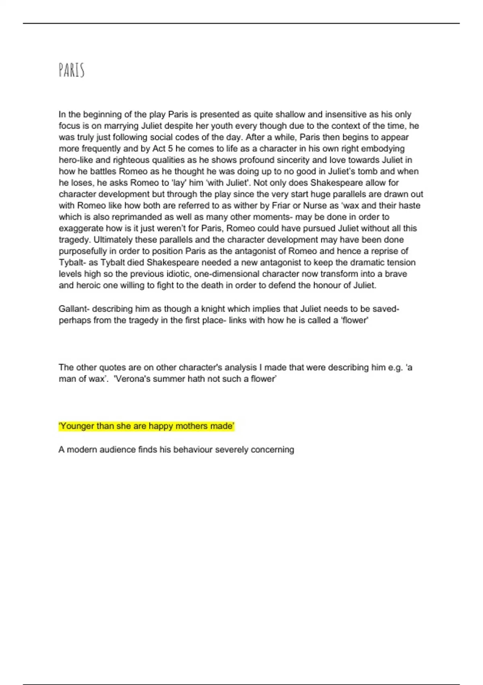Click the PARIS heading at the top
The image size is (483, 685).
(71, 70)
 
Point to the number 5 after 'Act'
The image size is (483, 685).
(170, 149)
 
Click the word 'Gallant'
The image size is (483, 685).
(73, 309)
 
